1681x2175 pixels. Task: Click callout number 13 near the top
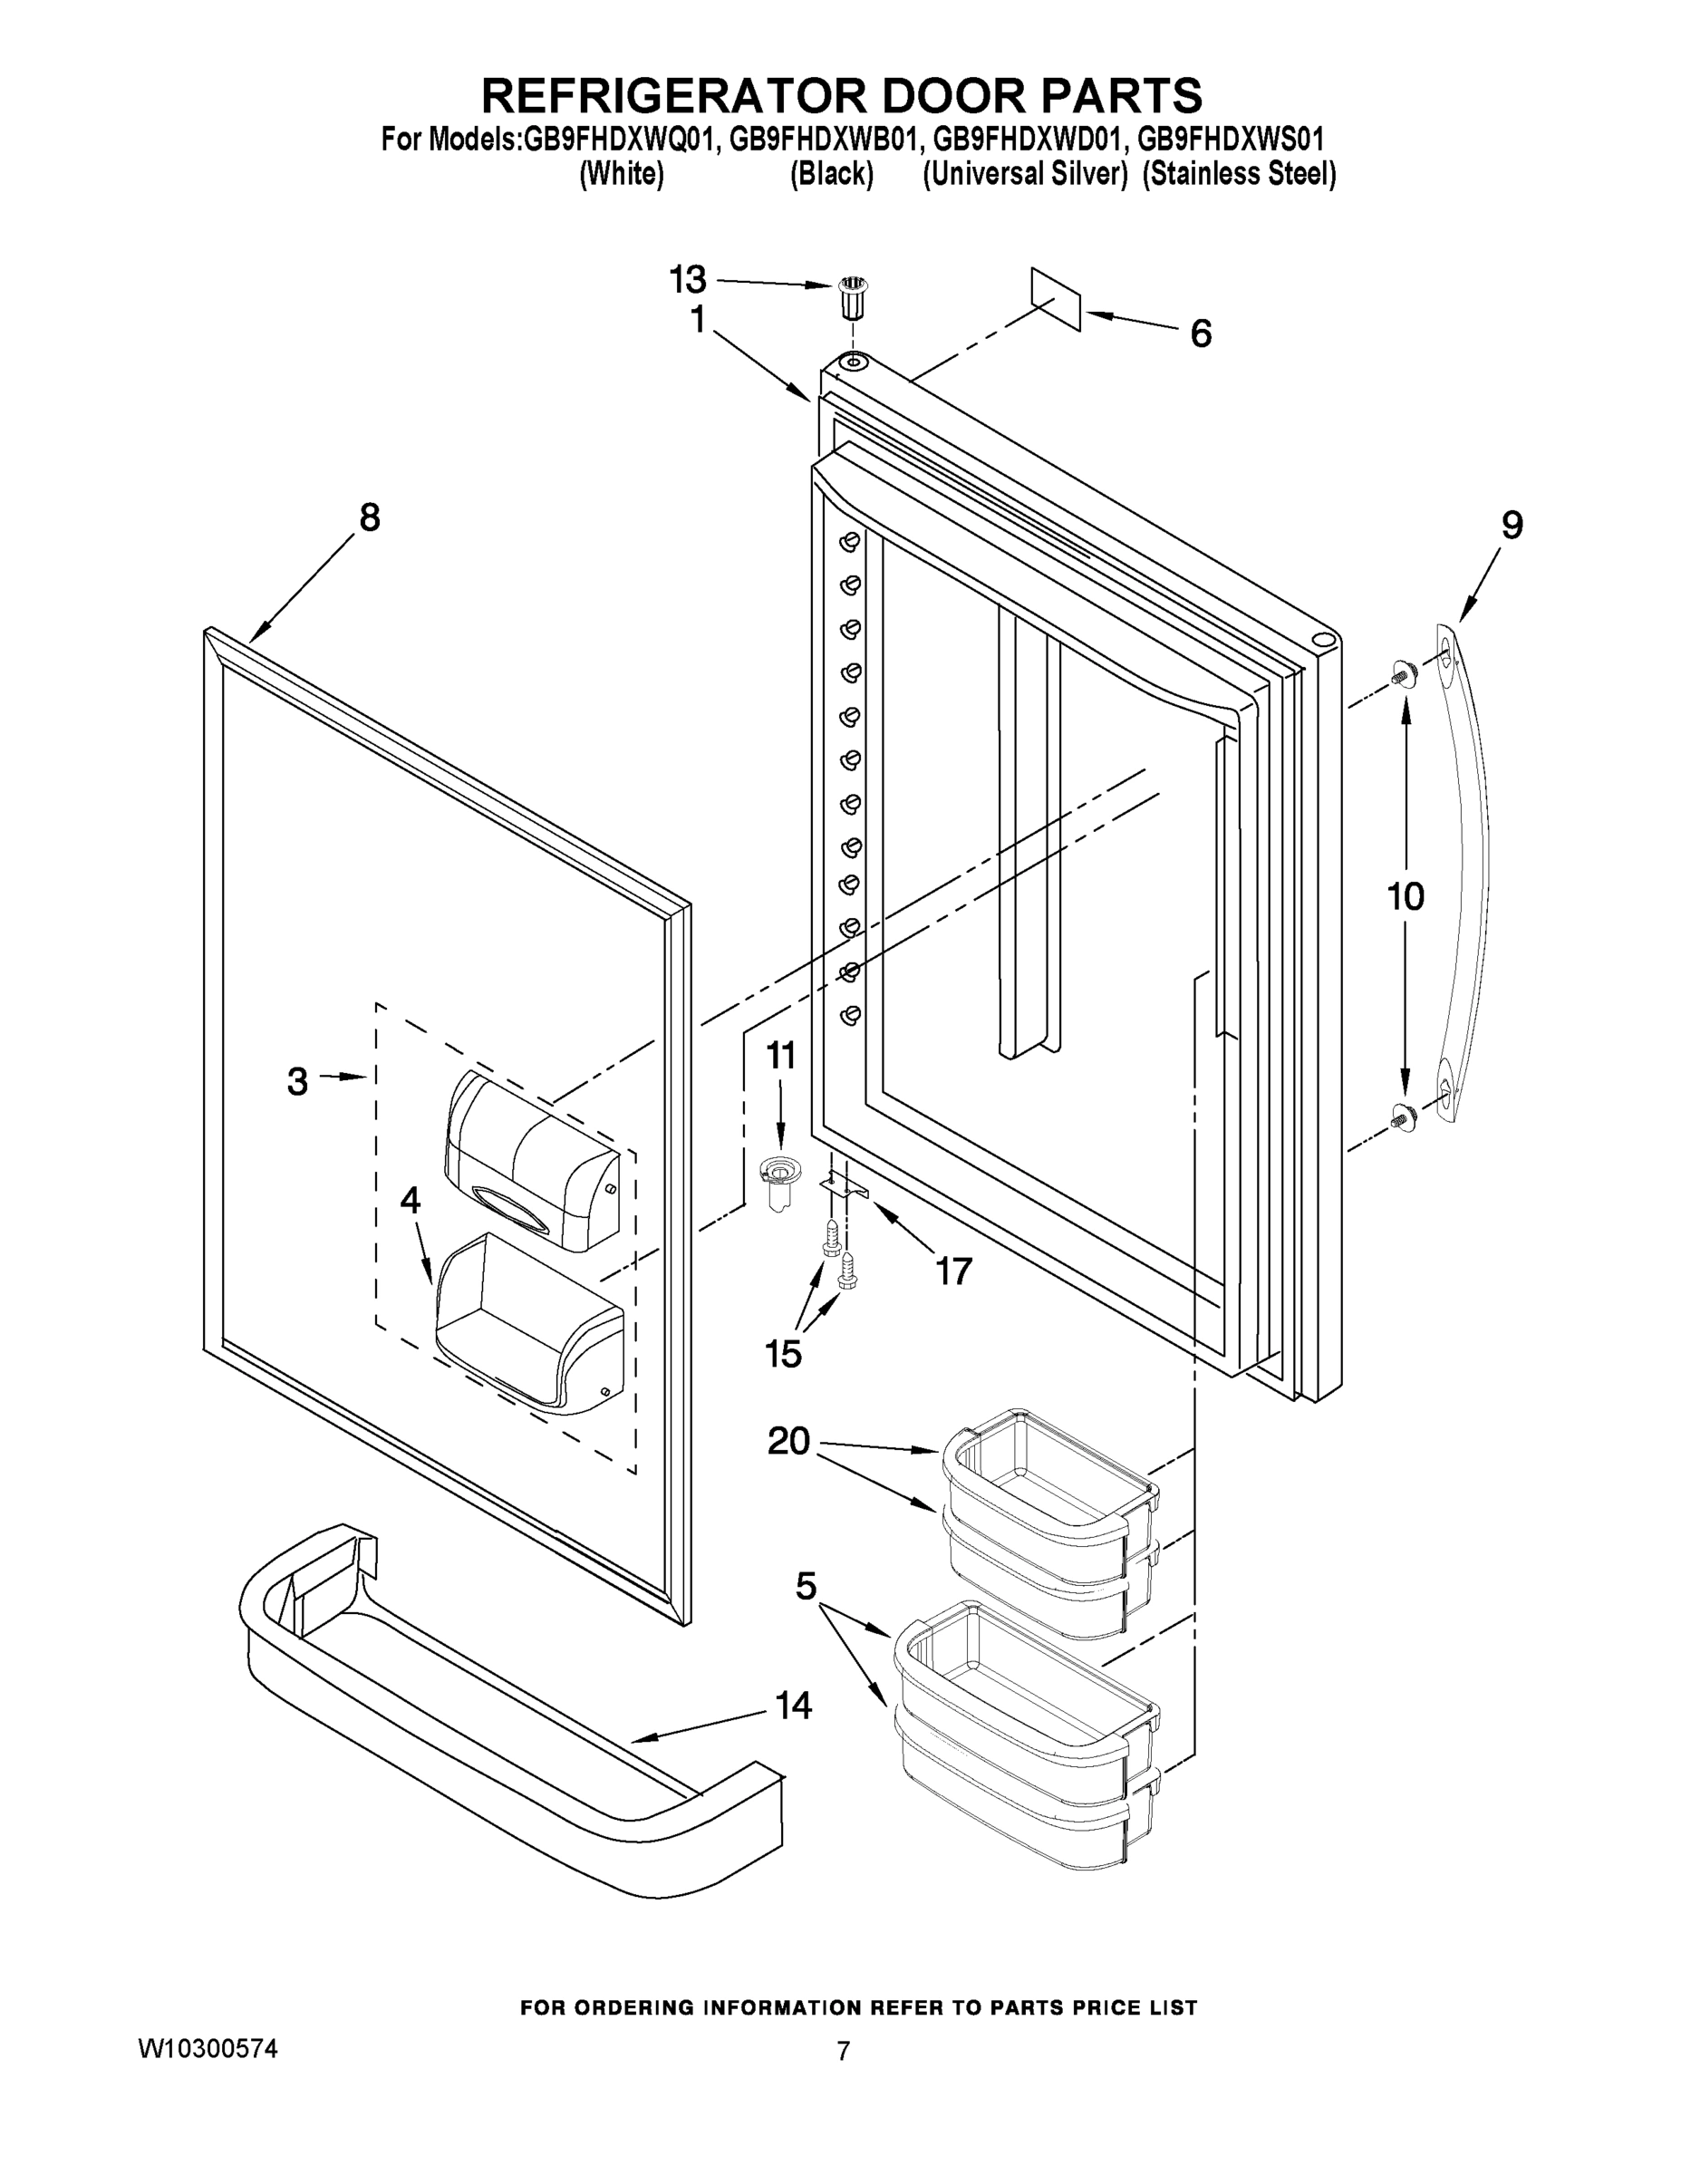coord(687,281)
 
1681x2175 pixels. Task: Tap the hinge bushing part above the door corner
coord(848,296)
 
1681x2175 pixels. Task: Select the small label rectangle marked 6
coord(1057,298)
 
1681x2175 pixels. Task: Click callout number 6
coord(1201,333)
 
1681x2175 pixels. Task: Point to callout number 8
coord(370,517)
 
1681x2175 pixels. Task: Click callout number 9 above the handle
coord(1512,525)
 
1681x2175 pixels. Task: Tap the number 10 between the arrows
coord(1406,897)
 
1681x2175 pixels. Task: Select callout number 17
coord(953,1271)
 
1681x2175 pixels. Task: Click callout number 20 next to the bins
coord(788,1441)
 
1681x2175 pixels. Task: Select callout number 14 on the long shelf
coord(794,1705)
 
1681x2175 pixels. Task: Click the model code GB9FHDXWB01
coord(822,139)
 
